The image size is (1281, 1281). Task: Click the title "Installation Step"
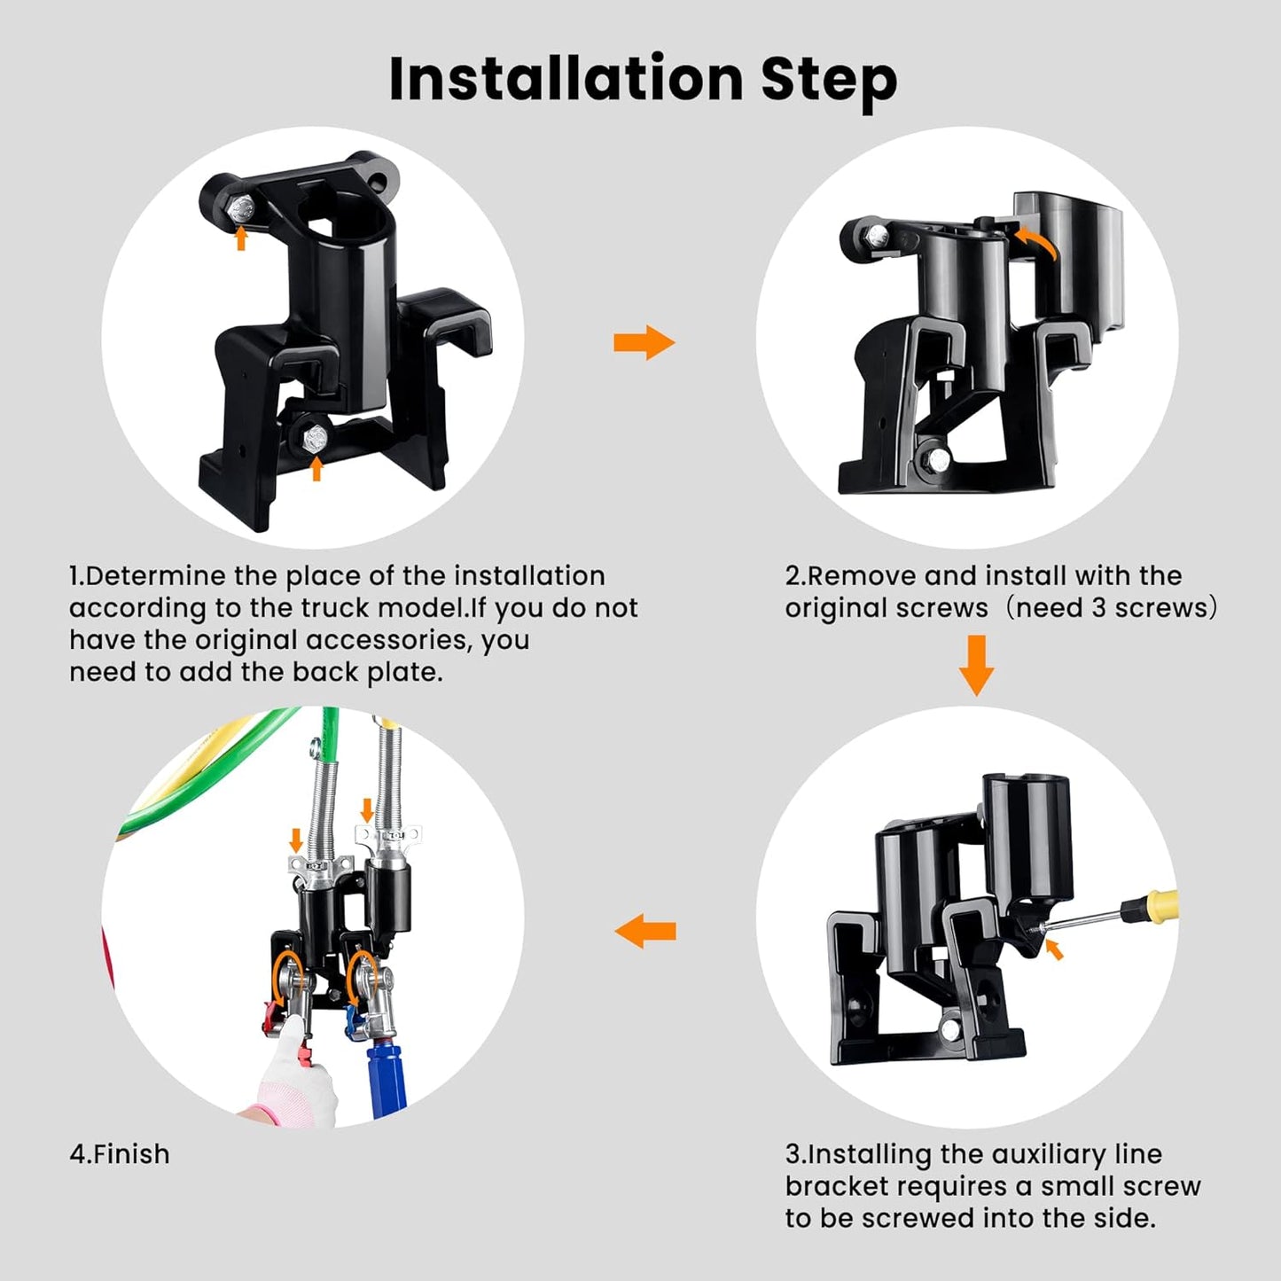(642, 80)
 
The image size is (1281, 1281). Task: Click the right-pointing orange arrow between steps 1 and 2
(644, 342)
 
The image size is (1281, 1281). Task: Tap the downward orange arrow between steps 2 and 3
(976, 665)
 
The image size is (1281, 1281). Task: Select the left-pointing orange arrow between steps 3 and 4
(644, 931)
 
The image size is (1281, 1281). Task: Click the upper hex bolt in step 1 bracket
(240, 209)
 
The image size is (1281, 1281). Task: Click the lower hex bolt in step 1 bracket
(316, 438)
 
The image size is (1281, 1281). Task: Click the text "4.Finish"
(120, 1154)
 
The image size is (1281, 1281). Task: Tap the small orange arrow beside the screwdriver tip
(1054, 950)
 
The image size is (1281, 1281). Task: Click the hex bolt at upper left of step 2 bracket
(876, 236)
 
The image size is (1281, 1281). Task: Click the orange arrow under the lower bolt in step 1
(316, 468)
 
